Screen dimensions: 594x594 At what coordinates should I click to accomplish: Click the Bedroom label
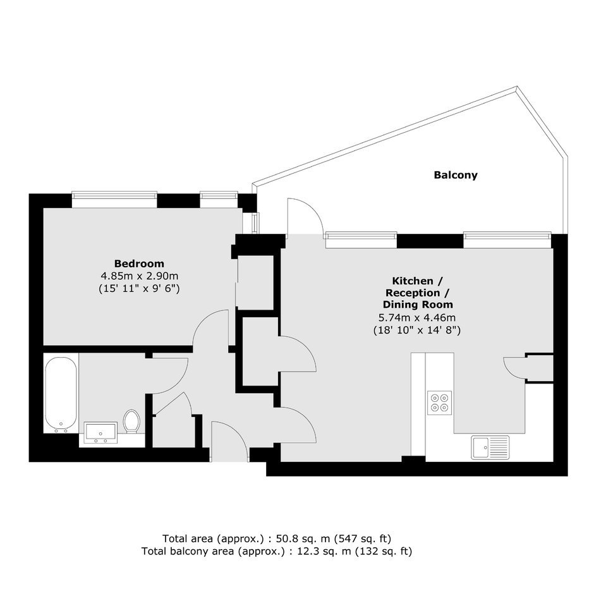[139, 264]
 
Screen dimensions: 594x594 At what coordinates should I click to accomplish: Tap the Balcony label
[456, 175]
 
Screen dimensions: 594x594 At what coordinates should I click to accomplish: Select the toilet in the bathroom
[131, 421]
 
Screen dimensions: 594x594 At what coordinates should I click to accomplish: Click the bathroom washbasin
[100, 433]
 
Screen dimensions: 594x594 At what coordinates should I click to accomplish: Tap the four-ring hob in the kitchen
[439, 403]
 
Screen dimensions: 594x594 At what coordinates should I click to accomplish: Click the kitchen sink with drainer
[490, 447]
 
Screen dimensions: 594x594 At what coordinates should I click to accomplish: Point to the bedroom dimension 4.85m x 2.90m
[139, 276]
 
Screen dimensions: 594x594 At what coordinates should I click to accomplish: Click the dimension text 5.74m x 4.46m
[417, 317]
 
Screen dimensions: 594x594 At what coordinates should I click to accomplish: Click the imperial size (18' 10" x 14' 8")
[417, 330]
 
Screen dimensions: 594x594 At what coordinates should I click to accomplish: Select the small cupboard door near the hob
[514, 367]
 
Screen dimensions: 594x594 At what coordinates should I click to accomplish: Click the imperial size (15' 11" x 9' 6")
[139, 288]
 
